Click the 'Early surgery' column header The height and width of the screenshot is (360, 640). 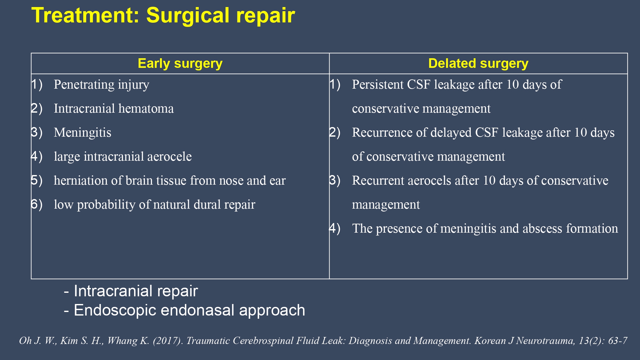tap(180, 64)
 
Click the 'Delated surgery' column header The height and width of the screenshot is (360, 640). tap(478, 64)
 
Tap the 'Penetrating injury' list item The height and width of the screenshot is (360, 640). tap(101, 85)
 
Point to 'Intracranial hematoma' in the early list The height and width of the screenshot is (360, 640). tap(114, 108)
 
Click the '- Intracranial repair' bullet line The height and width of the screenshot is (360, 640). tap(131, 291)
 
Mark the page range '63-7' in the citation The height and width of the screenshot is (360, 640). tap(618, 340)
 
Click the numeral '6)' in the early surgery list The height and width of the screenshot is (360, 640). tap(37, 204)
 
